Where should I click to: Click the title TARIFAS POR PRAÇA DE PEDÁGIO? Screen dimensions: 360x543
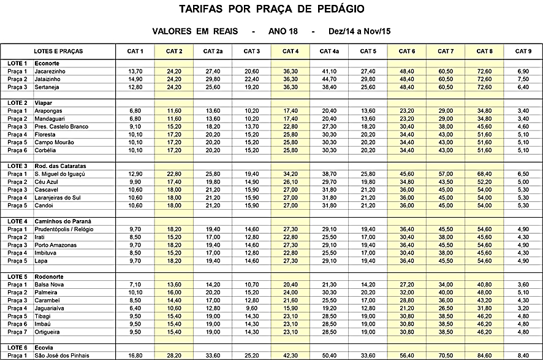click(x=271, y=9)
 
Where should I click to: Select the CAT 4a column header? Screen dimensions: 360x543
click(x=329, y=51)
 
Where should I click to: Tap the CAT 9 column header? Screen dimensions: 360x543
click(x=523, y=51)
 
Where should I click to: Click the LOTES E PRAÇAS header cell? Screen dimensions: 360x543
click(x=59, y=51)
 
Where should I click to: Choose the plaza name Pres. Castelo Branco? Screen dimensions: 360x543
click(x=63, y=126)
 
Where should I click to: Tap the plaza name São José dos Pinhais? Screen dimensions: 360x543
click(x=63, y=355)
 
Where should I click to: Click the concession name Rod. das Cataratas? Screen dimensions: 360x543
click(x=61, y=166)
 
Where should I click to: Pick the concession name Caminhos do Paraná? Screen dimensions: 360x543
click(x=63, y=221)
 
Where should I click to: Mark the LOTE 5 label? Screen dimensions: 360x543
click(x=17, y=277)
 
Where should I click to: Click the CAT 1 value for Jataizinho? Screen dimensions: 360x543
click(x=135, y=79)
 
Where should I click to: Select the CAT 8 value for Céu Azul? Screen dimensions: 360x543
click(x=484, y=182)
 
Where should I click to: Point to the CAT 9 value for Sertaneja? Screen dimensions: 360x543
click(x=523, y=87)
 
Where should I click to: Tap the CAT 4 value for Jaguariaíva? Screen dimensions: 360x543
click(x=290, y=308)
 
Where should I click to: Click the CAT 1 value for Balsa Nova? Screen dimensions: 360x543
click(x=135, y=285)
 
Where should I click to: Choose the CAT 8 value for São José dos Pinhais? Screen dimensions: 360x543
click(x=484, y=355)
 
